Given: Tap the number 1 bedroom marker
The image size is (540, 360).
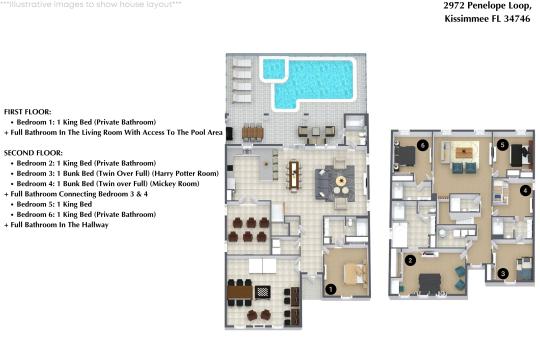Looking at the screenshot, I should (331, 288).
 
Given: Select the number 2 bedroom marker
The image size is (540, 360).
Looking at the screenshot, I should (410, 260).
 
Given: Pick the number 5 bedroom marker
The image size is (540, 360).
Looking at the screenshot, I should (502, 145).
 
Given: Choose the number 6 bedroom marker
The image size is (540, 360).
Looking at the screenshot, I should (424, 145).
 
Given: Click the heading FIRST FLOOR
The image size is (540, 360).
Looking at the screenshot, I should (28, 112).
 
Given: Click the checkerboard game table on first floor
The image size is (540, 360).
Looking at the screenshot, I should (262, 292).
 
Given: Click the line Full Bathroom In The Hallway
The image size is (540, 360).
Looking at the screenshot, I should (56, 225).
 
